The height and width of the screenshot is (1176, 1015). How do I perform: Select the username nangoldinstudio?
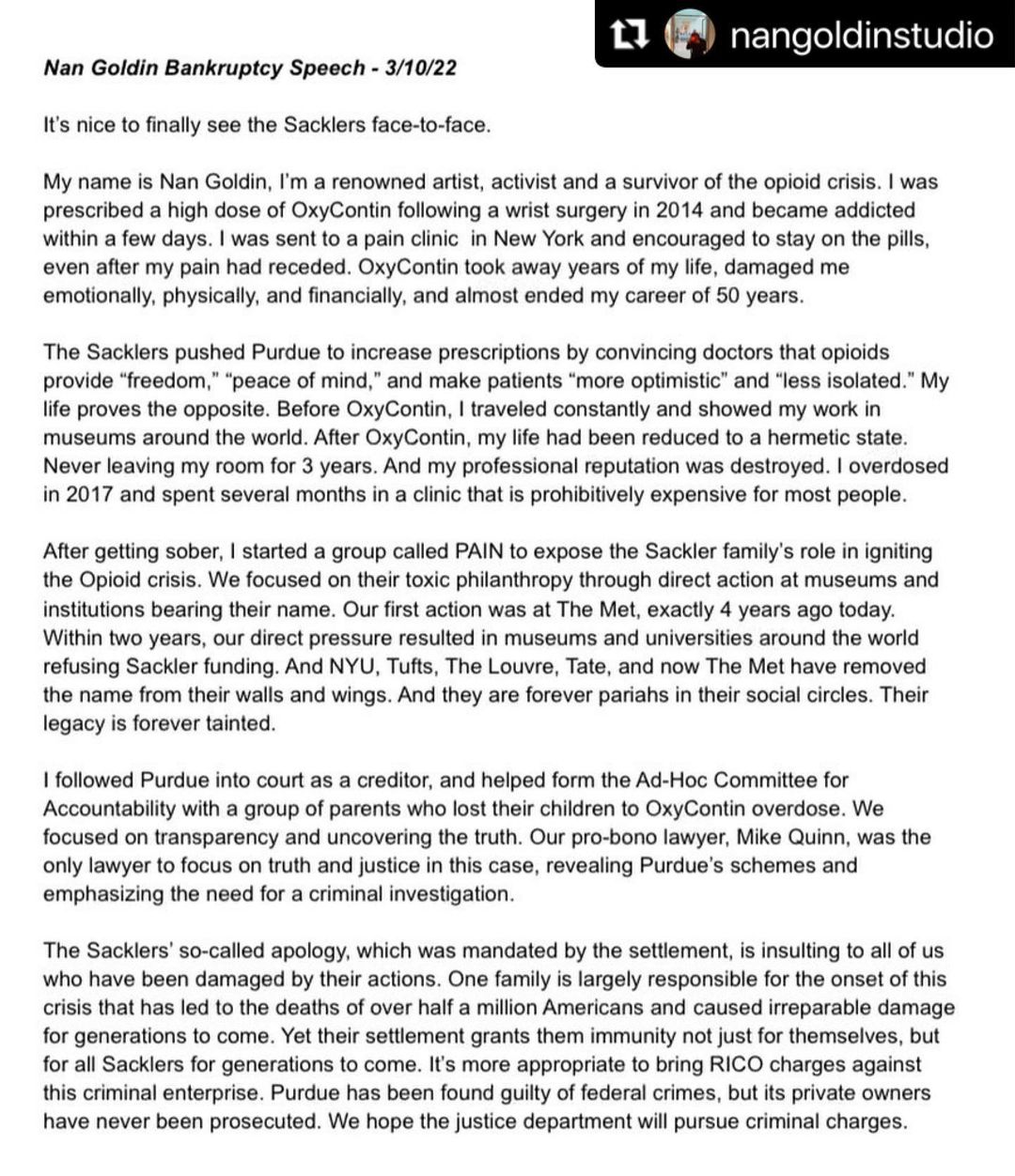(x=861, y=35)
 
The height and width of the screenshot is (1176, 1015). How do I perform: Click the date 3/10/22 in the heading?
(x=421, y=68)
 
